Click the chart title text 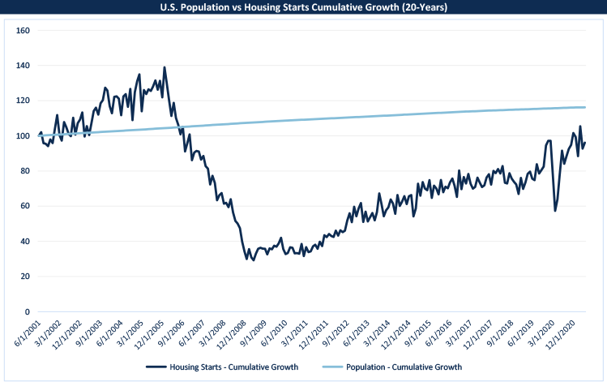pyautogui.click(x=303, y=7)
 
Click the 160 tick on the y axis pyautogui.click(x=23, y=31)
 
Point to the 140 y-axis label pyautogui.click(x=23, y=66)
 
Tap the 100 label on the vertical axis pyautogui.click(x=23, y=136)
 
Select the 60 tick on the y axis pyautogui.click(x=25, y=206)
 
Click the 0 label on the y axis pyautogui.click(x=28, y=311)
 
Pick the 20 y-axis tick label pyautogui.click(x=25, y=277)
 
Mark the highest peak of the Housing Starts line pyautogui.click(x=165, y=67)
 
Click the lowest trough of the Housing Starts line pyautogui.click(x=254, y=260)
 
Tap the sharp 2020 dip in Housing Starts pyautogui.click(x=555, y=211)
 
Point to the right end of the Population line pyautogui.click(x=584, y=107)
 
